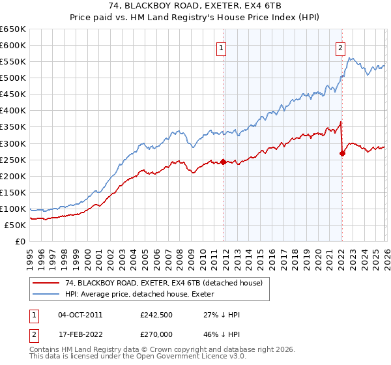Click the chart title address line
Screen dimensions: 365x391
(195, 6)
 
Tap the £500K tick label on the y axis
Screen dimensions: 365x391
(13, 78)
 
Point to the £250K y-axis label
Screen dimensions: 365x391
(13, 160)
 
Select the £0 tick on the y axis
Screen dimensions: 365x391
(20, 241)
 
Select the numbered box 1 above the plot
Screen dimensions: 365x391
(222, 48)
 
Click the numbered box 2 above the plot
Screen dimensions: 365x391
(340, 47)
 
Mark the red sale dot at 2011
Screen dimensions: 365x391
(223, 162)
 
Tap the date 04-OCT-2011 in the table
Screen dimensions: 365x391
(80, 315)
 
